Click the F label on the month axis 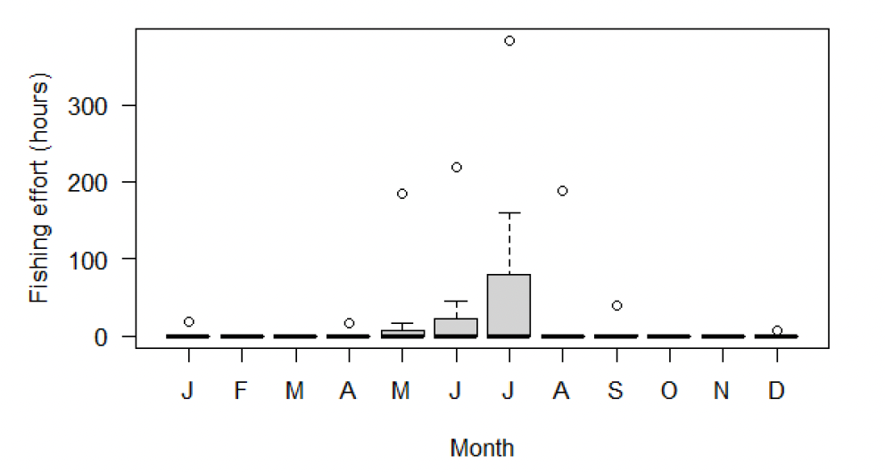pyautogui.click(x=241, y=392)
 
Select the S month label pyautogui.click(x=616, y=392)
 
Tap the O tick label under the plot pyautogui.click(x=669, y=392)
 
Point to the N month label pyautogui.click(x=723, y=392)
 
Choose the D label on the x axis pyautogui.click(x=777, y=392)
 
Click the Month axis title pyautogui.click(x=482, y=447)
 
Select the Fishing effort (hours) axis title pyautogui.click(x=39, y=187)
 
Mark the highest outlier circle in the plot pyautogui.click(x=509, y=41)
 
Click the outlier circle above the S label pyautogui.click(x=616, y=305)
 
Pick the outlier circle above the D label pyautogui.click(x=777, y=330)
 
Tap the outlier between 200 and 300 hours pyautogui.click(x=456, y=167)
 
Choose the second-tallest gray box pyautogui.click(x=456, y=327)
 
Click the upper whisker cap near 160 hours pyautogui.click(x=509, y=213)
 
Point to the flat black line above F pyautogui.click(x=241, y=336)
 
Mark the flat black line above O pyautogui.click(x=669, y=336)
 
